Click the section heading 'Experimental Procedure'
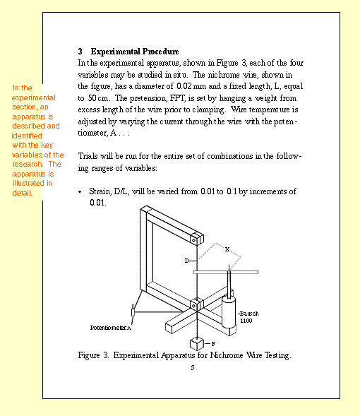click(135, 52)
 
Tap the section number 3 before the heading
click(80, 52)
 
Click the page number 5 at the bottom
click(191, 367)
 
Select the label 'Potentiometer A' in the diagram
click(111, 328)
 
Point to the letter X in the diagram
click(227, 249)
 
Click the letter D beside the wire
click(187, 261)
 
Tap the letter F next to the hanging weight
click(213, 343)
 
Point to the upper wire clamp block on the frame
click(197, 237)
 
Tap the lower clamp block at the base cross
click(197, 304)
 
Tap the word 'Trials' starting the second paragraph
click(89, 156)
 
